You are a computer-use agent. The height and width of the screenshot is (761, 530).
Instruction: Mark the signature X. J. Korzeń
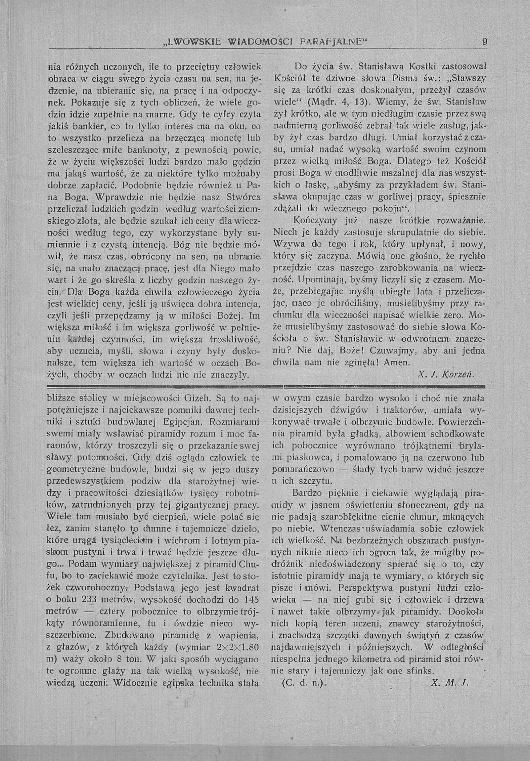tap(446, 375)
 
